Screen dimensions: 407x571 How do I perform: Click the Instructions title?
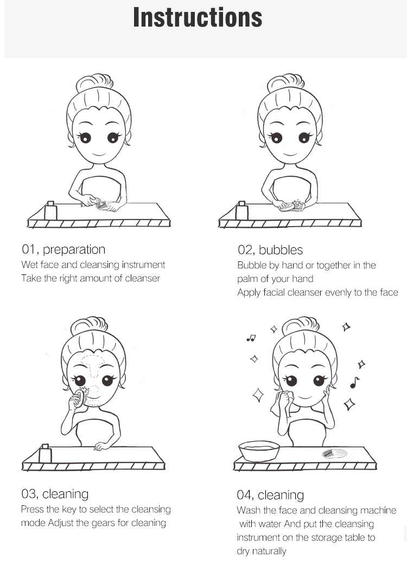pos(198,17)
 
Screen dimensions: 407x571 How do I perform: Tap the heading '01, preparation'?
pos(63,250)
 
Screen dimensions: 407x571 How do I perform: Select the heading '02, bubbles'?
pos(270,250)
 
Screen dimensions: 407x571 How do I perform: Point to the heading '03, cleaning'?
pos(55,494)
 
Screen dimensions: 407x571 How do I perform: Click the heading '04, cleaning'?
pos(270,495)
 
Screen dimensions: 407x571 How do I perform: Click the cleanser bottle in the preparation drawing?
pos(50,210)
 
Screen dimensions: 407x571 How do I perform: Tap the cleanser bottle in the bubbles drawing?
pos(241,210)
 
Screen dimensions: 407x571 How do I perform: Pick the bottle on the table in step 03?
pos(45,453)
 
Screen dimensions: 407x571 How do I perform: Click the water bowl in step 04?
pos(259,451)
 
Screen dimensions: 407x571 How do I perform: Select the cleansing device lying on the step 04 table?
pos(334,454)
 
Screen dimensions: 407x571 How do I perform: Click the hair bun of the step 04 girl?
pos(301,325)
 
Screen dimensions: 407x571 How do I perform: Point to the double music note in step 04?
pos(251,338)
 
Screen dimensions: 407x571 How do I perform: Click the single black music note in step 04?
pos(354,382)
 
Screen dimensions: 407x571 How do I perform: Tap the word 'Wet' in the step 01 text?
pos(29,265)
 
